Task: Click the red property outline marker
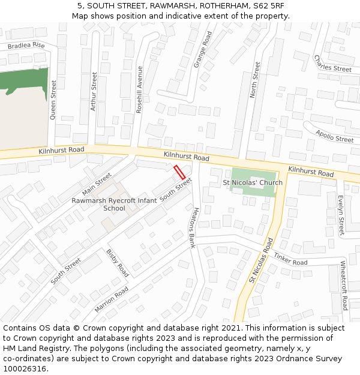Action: click(x=179, y=172)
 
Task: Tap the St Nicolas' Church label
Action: click(x=253, y=182)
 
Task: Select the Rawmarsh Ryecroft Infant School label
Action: click(x=114, y=204)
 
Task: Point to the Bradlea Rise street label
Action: click(x=26, y=46)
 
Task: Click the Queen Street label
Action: click(x=53, y=100)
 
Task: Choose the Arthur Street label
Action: click(x=93, y=91)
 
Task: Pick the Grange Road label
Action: click(x=203, y=49)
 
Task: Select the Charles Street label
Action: click(x=332, y=64)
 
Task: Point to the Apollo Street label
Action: click(x=334, y=136)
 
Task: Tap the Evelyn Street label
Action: click(x=341, y=214)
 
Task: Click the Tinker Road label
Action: click(x=290, y=259)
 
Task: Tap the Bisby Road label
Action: click(x=117, y=263)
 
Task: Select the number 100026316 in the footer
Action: click(x=26, y=368)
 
